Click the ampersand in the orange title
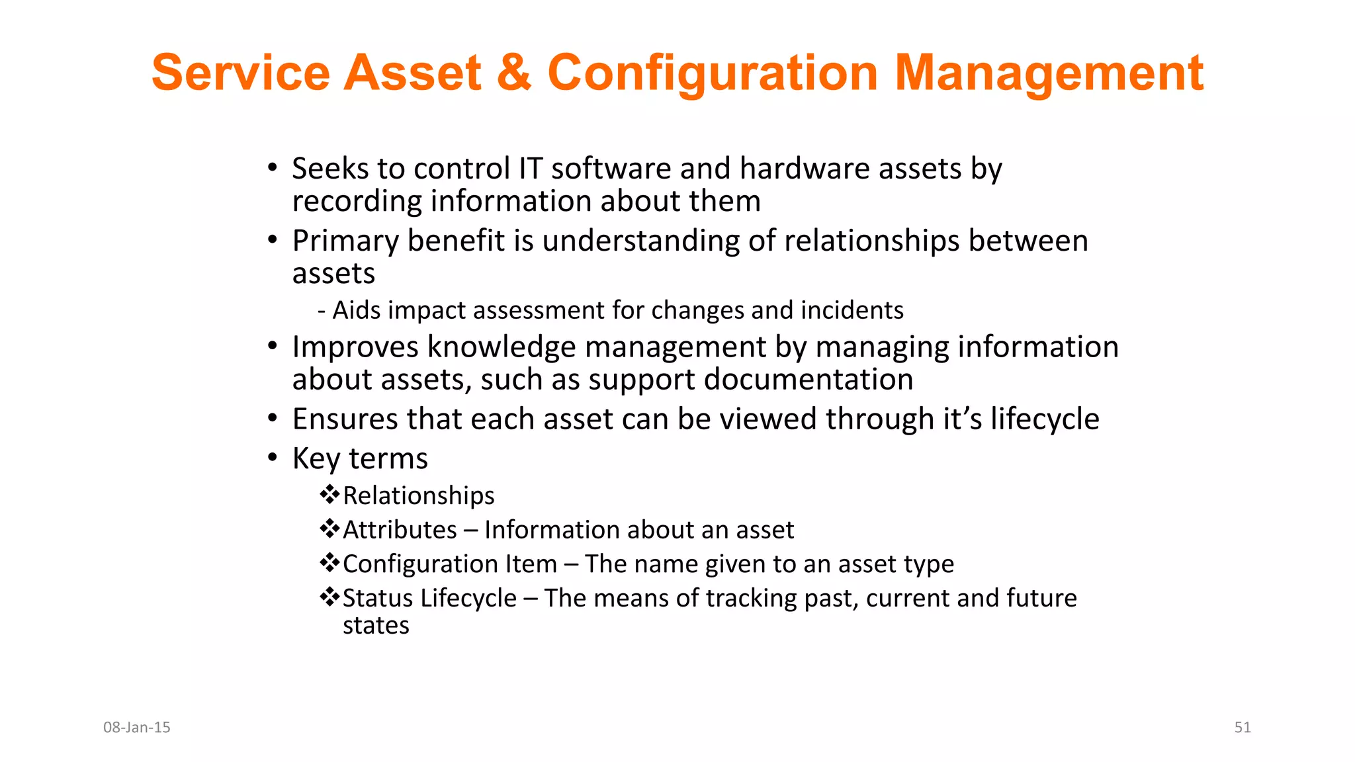513,73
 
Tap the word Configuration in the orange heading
712,73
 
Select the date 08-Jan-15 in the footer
137,727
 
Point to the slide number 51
1242,727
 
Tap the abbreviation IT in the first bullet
531,169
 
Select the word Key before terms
316,459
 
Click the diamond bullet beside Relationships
329,494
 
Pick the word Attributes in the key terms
400,530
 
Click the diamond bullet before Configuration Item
329,563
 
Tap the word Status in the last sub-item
378,598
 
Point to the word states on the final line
376,625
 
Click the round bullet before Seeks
272,167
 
